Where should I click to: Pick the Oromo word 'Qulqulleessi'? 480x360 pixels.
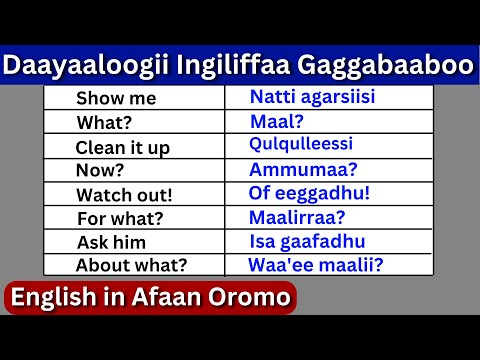302,145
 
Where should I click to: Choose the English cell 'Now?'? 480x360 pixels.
101,170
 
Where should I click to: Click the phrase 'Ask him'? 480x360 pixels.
111,242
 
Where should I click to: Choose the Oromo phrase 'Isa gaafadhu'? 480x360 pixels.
307,242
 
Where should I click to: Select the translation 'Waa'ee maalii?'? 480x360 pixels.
315,265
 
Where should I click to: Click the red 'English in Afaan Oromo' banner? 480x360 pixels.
150,298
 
